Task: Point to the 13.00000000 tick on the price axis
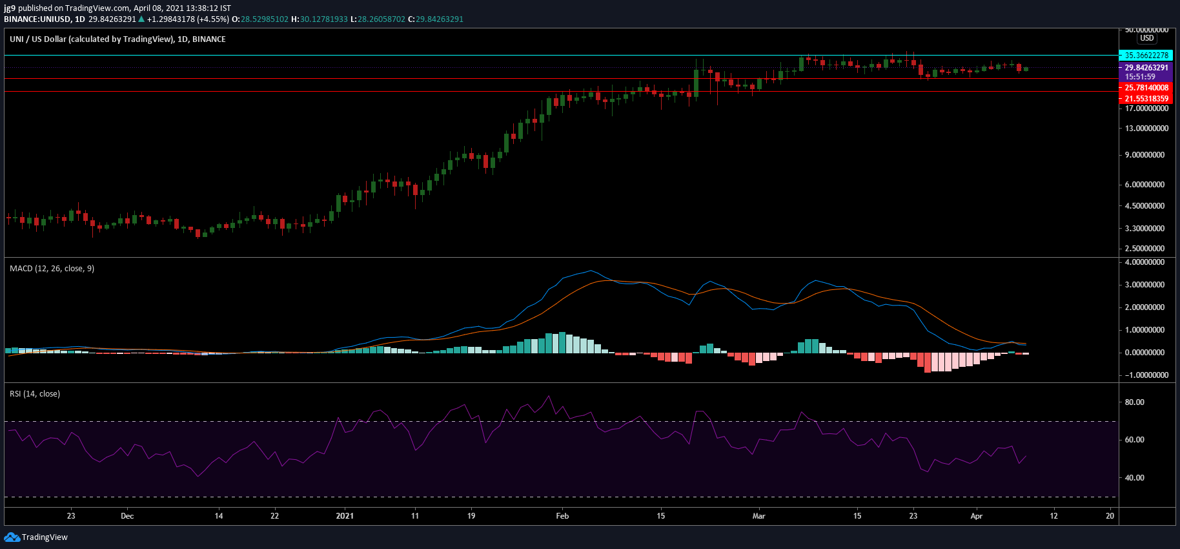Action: (1146, 129)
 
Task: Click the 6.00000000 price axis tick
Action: (1146, 185)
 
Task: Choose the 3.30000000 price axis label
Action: (1146, 229)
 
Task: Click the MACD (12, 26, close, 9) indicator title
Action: (52, 269)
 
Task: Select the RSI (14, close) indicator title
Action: (35, 394)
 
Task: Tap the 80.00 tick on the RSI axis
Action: (1134, 402)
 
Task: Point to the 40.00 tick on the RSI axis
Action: (1134, 478)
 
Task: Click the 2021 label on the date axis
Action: (345, 516)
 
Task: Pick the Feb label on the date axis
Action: (562, 516)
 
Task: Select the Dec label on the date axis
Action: (127, 516)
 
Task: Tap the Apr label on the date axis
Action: (977, 516)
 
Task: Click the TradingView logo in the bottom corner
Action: (36, 537)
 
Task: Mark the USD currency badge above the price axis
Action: (1146, 38)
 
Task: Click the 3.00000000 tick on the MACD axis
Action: (1145, 285)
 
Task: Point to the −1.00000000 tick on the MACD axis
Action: (1145, 375)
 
